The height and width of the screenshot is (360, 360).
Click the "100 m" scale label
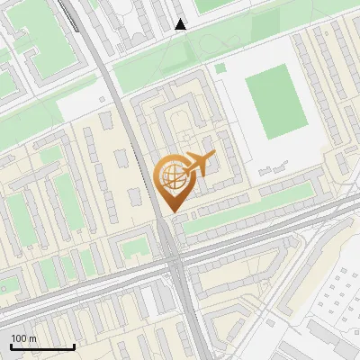23,338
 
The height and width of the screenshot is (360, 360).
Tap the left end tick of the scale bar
11,346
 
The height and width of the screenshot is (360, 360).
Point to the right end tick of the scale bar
74,346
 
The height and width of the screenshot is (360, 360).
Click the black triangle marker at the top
181,24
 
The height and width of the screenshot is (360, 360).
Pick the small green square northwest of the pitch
220,67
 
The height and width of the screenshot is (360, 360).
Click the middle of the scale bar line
42,346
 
